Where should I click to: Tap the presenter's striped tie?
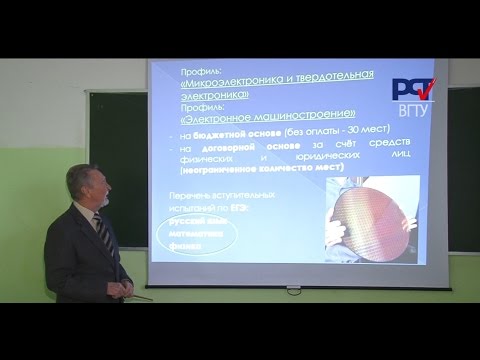point(100,235)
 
